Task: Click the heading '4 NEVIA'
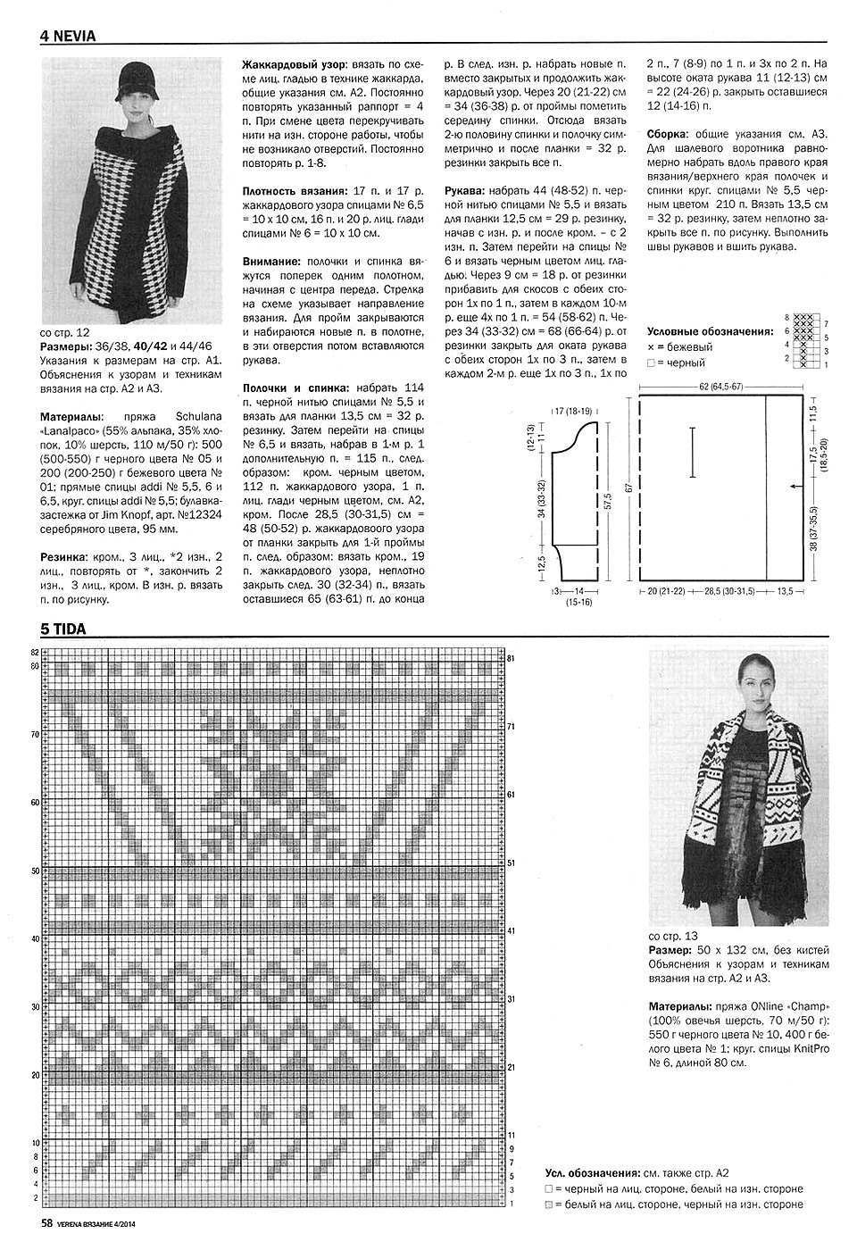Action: pos(68,37)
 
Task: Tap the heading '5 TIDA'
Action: pos(62,629)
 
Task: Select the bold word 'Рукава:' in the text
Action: pos(467,190)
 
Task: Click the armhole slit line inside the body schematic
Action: pos(693,454)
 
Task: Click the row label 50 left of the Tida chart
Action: pos(36,870)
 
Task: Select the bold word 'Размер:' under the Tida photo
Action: pos(670,949)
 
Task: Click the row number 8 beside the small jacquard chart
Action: pos(786,318)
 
